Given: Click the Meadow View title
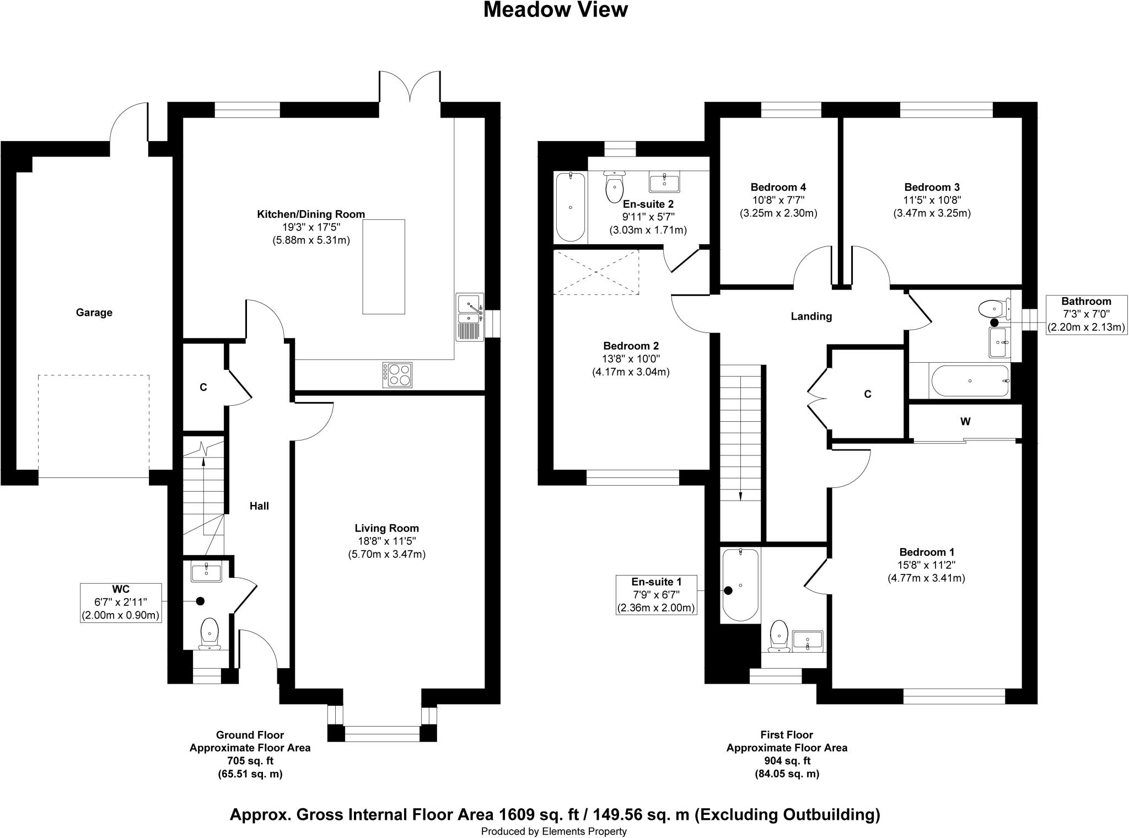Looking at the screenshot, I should [555, 10].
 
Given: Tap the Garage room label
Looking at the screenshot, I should [94, 313].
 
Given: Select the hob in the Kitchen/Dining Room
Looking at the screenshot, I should [397, 375].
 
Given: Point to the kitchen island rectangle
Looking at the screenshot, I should [384, 266].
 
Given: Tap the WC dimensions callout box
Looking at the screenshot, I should [121, 603].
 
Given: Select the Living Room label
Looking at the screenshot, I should [386, 528].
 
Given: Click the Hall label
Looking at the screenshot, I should [259, 506].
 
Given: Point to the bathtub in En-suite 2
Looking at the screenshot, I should [570, 207].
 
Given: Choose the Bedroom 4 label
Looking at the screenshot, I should [778, 187].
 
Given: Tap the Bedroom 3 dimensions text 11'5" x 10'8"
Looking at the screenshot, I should [932, 200].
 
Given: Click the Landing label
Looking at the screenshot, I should [811, 316].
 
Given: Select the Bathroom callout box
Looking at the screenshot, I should [1086, 314].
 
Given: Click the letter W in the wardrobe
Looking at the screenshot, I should [965, 422].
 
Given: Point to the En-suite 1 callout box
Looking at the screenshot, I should [656, 595].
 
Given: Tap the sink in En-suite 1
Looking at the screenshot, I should [808, 641].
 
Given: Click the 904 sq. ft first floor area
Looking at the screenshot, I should [787, 761].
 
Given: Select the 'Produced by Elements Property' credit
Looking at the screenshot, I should [553, 831].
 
